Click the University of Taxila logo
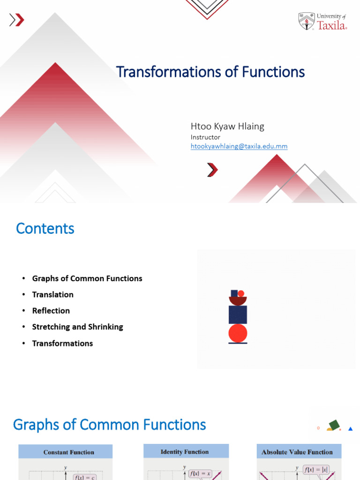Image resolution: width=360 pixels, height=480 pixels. click(322, 21)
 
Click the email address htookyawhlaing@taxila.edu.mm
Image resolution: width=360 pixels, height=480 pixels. click(239, 146)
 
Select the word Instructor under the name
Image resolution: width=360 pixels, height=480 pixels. click(205, 137)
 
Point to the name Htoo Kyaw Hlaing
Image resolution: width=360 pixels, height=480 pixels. click(227, 126)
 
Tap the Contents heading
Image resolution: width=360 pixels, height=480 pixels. click(45, 228)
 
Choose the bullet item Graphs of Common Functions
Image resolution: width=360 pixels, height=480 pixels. click(87, 278)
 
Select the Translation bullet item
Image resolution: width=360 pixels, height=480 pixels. click(52, 294)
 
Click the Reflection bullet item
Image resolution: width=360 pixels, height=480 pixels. click(51, 311)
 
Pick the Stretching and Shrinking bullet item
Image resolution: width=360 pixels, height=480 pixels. click(77, 327)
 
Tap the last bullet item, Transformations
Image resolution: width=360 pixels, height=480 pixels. click(62, 343)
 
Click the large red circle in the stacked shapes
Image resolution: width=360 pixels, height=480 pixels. click(238, 333)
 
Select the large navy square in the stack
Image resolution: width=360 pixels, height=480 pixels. click(238, 315)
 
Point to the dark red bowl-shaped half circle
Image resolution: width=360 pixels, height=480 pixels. click(238, 300)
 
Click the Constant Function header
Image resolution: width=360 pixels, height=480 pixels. click(69, 452)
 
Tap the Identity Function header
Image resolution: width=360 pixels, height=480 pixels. click(185, 452)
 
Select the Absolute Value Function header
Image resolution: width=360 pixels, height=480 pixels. click(297, 452)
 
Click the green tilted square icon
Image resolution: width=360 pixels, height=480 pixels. click(334, 425)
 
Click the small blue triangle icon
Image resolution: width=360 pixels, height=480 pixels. click(350, 428)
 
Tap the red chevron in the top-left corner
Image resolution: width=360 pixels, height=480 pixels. click(19, 20)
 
